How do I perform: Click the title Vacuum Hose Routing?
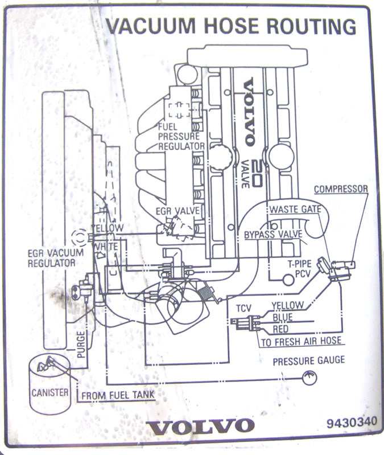[231, 26]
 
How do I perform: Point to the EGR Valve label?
[177, 211]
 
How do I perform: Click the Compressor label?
[341, 189]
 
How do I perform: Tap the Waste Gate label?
[295, 209]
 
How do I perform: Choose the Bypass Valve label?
[271, 235]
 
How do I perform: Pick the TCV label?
[243, 308]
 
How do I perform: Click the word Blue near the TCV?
[283, 317]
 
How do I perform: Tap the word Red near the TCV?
[281, 329]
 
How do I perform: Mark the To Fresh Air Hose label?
[300, 341]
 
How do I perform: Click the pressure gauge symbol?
[309, 376]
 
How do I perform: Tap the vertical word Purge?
[81, 345]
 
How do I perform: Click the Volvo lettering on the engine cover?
[249, 112]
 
